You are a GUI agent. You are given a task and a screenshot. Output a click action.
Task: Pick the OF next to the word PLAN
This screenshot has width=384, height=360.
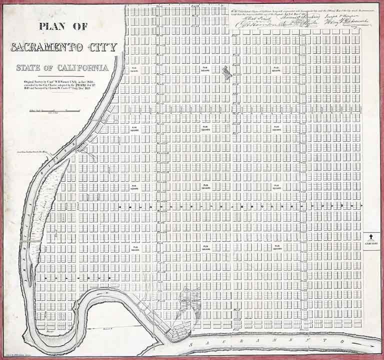[79, 28]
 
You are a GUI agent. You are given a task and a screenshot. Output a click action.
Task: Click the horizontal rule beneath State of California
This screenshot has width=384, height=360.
[62, 74]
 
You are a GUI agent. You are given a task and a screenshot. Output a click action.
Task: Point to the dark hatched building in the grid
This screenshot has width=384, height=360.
[226, 73]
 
